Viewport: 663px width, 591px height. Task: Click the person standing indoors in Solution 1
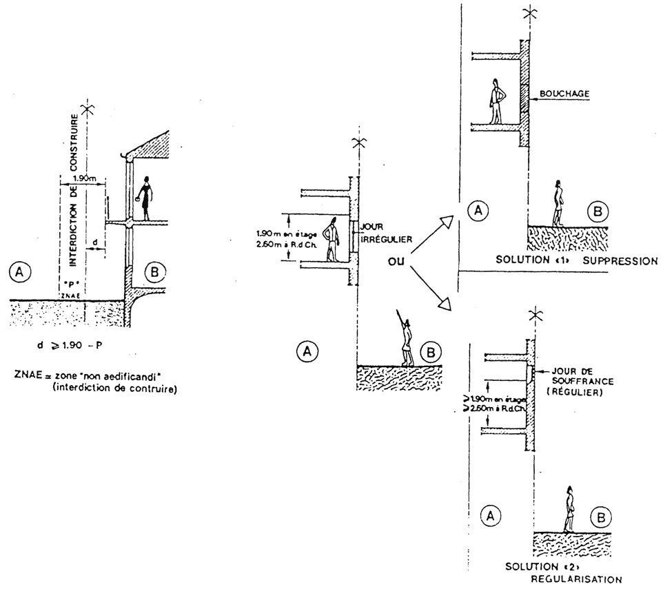[496, 102]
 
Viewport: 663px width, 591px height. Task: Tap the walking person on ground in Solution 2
[569, 510]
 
